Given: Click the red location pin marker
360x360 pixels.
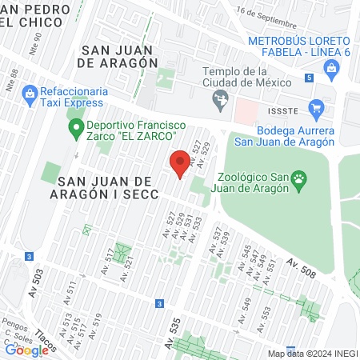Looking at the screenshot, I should pos(180,165).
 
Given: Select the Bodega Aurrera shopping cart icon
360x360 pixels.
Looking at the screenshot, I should pos(317,108).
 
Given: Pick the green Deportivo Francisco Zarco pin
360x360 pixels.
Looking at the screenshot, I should pos(77,126).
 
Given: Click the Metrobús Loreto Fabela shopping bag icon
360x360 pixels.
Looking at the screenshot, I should pos(331,69).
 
